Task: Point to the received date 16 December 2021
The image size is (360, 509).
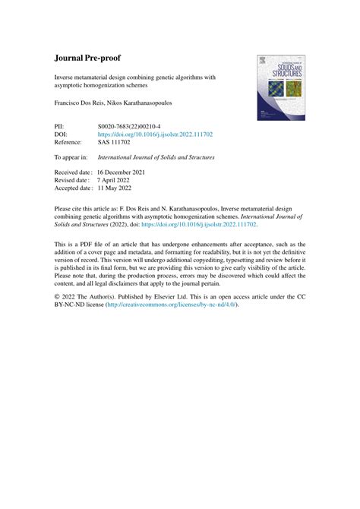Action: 127,172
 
